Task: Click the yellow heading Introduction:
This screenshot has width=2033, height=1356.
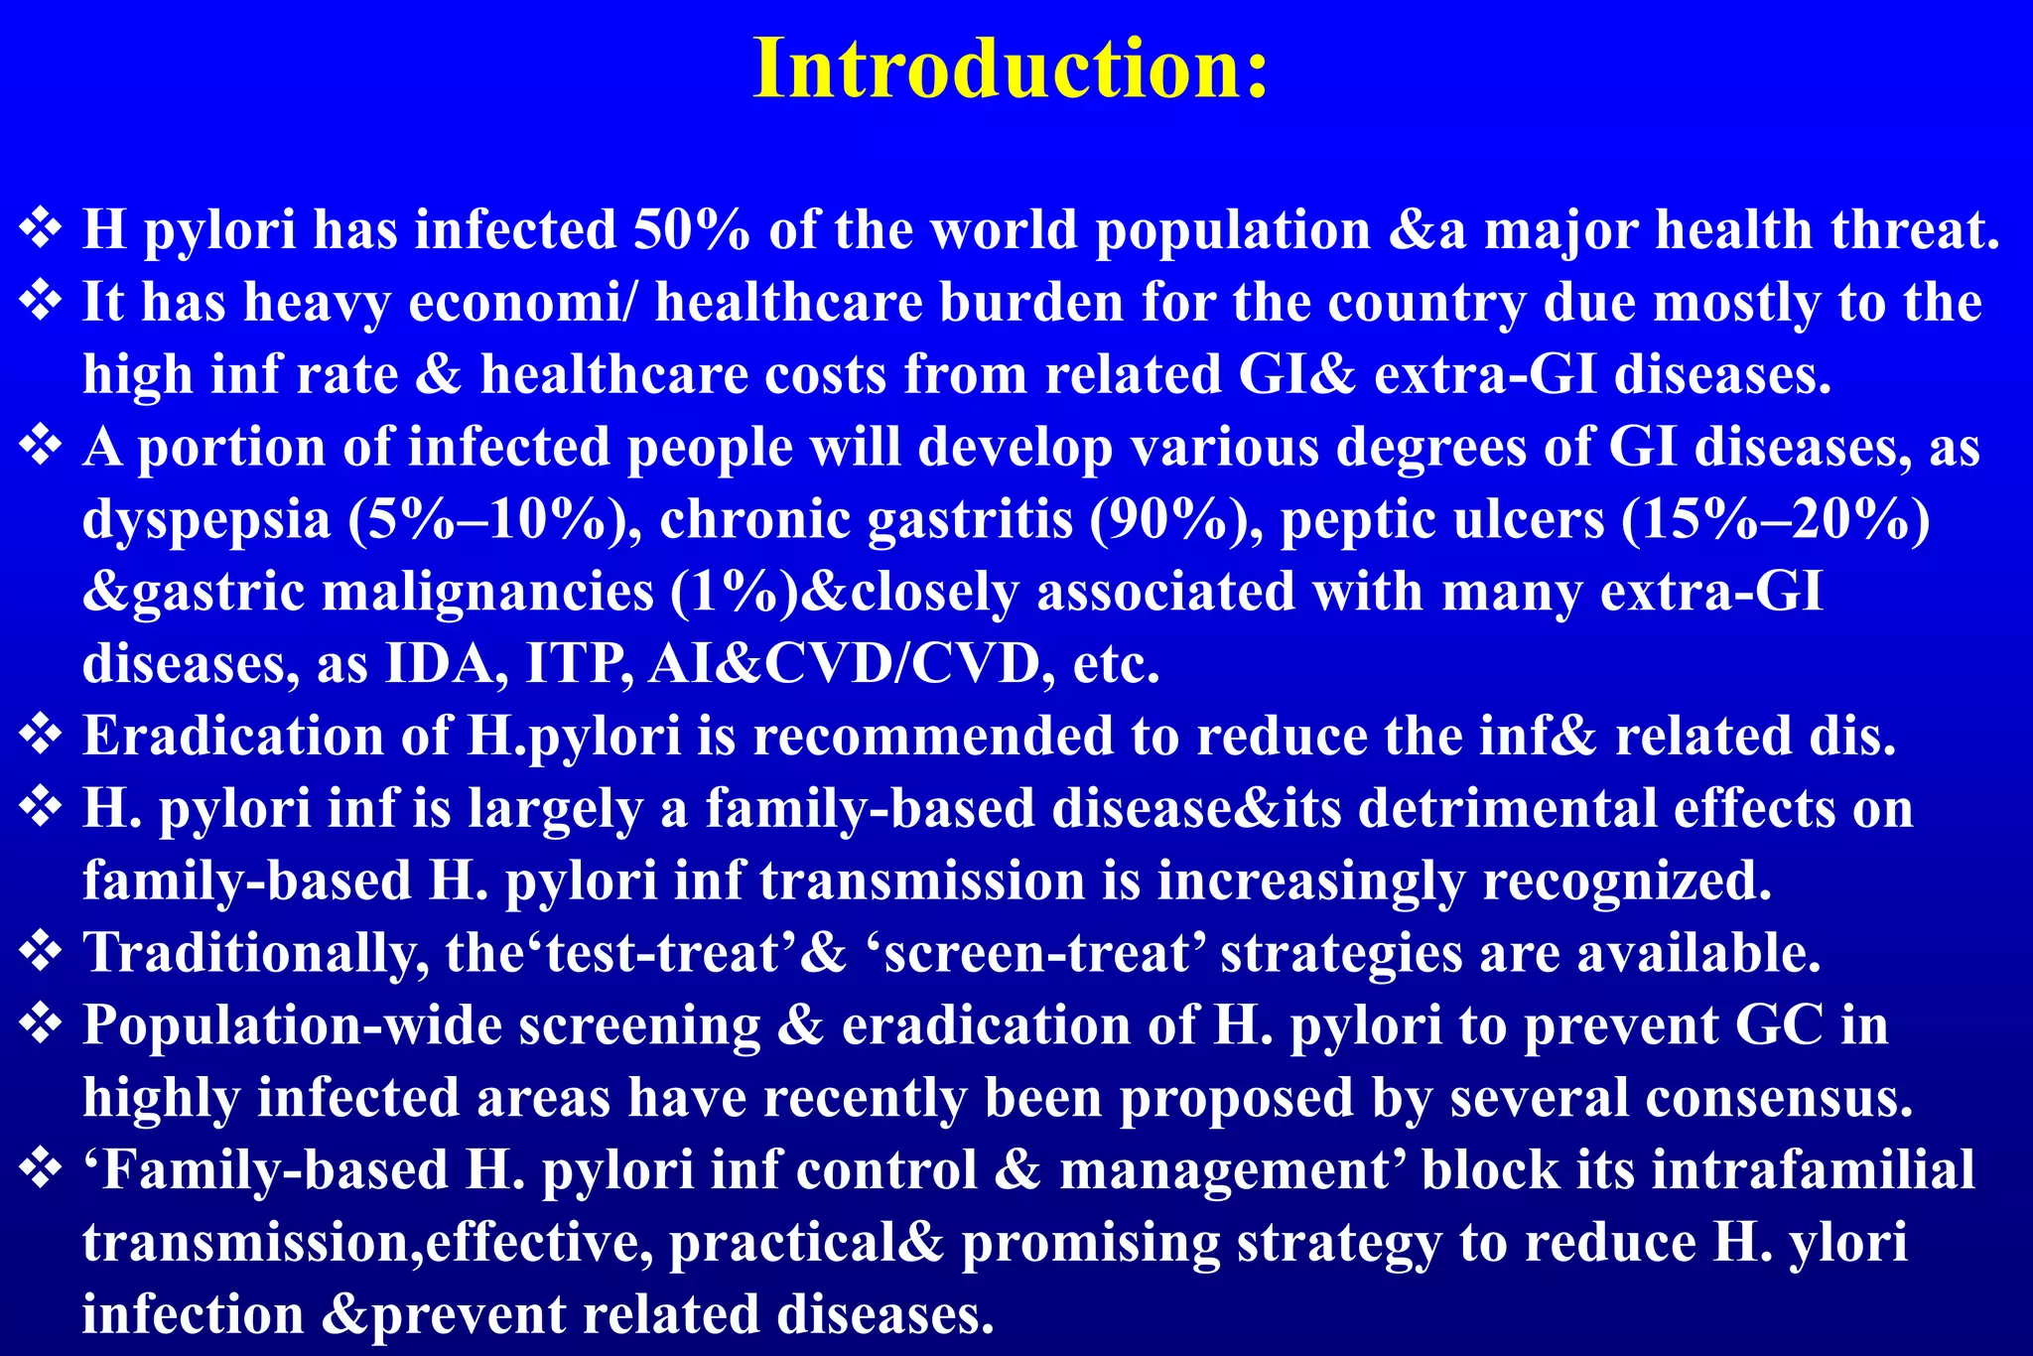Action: (x=1011, y=69)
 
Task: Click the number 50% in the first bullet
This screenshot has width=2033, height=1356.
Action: (x=692, y=230)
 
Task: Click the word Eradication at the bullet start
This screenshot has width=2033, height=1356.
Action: (x=233, y=737)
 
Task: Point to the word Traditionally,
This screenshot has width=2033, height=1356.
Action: (x=256, y=954)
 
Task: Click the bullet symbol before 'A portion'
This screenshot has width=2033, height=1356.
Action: (x=41, y=446)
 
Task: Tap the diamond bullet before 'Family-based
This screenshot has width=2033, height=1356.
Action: (x=41, y=1169)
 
